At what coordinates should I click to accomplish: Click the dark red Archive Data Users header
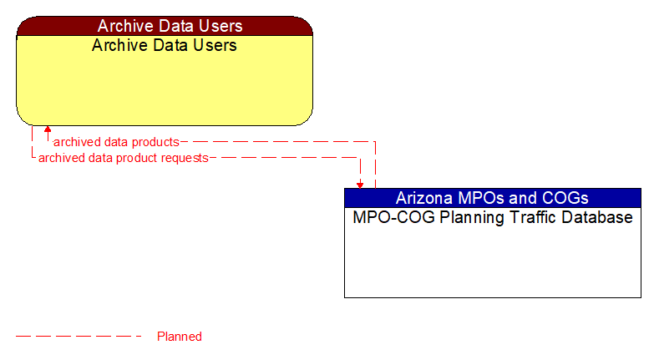tap(165, 26)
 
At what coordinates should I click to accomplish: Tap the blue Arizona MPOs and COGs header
tap(492, 198)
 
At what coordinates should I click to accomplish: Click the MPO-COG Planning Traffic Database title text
tap(492, 218)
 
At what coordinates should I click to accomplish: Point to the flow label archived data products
tap(116, 142)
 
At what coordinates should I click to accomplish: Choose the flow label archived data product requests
tap(123, 157)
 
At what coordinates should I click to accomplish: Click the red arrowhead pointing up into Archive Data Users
tap(48, 130)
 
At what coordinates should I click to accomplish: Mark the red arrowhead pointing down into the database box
tap(360, 184)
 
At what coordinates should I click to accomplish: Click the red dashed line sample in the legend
tap(79, 337)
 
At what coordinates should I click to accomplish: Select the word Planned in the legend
tap(180, 337)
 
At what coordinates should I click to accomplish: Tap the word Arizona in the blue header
tap(424, 198)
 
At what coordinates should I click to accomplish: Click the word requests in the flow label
tap(184, 157)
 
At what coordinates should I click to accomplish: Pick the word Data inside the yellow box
tap(165, 45)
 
